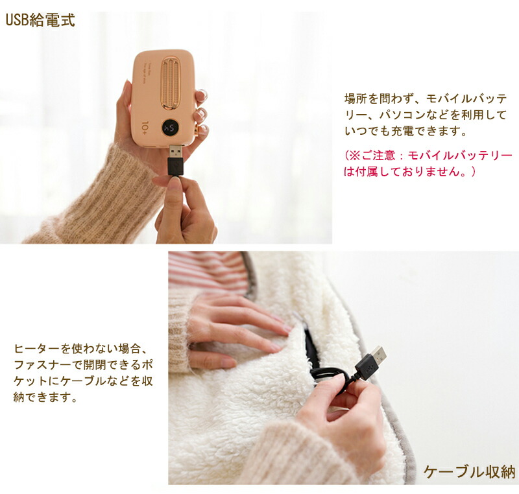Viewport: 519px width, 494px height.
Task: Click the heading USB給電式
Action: click(40, 20)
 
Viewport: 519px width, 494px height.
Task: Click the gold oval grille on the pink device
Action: click(170, 83)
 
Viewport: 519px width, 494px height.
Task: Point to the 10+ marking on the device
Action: click(145, 128)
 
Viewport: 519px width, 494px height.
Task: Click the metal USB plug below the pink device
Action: click(175, 152)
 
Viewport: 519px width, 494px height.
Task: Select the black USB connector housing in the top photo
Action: click(175, 167)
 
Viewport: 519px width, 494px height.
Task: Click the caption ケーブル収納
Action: click(469, 472)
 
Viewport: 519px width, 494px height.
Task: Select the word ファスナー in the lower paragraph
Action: click(43, 365)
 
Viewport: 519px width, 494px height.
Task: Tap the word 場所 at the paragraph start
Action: click(356, 99)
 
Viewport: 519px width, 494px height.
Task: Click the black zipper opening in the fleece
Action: click(311, 347)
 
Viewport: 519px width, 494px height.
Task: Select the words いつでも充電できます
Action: click(406, 131)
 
